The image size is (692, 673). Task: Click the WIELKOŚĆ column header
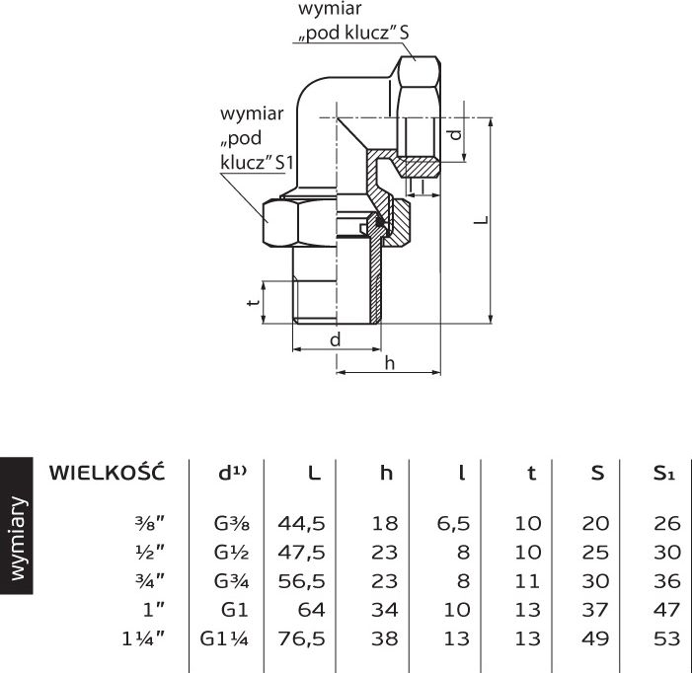click(x=107, y=473)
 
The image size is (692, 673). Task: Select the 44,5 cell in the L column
click(x=301, y=523)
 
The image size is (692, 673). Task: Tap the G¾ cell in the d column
click(x=232, y=581)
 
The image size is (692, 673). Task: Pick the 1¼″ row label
click(x=143, y=638)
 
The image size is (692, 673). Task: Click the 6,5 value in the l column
click(x=453, y=523)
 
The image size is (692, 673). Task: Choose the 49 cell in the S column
click(x=595, y=638)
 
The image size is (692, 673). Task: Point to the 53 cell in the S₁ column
click(x=667, y=638)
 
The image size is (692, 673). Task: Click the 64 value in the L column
click(x=312, y=610)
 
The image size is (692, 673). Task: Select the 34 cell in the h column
click(x=385, y=610)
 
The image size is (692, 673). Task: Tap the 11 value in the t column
click(x=528, y=581)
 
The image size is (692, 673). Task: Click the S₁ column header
click(x=664, y=473)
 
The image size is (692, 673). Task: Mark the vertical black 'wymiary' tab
click(x=17, y=525)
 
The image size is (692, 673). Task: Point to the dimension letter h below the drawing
click(x=389, y=363)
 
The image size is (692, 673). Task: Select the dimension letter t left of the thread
click(x=253, y=303)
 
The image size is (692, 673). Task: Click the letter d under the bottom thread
click(x=336, y=339)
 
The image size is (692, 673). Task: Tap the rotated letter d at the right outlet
click(x=455, y=133)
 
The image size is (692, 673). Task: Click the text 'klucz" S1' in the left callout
click(x=257, y=162)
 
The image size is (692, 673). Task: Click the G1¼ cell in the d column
click(x=224, y=638)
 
